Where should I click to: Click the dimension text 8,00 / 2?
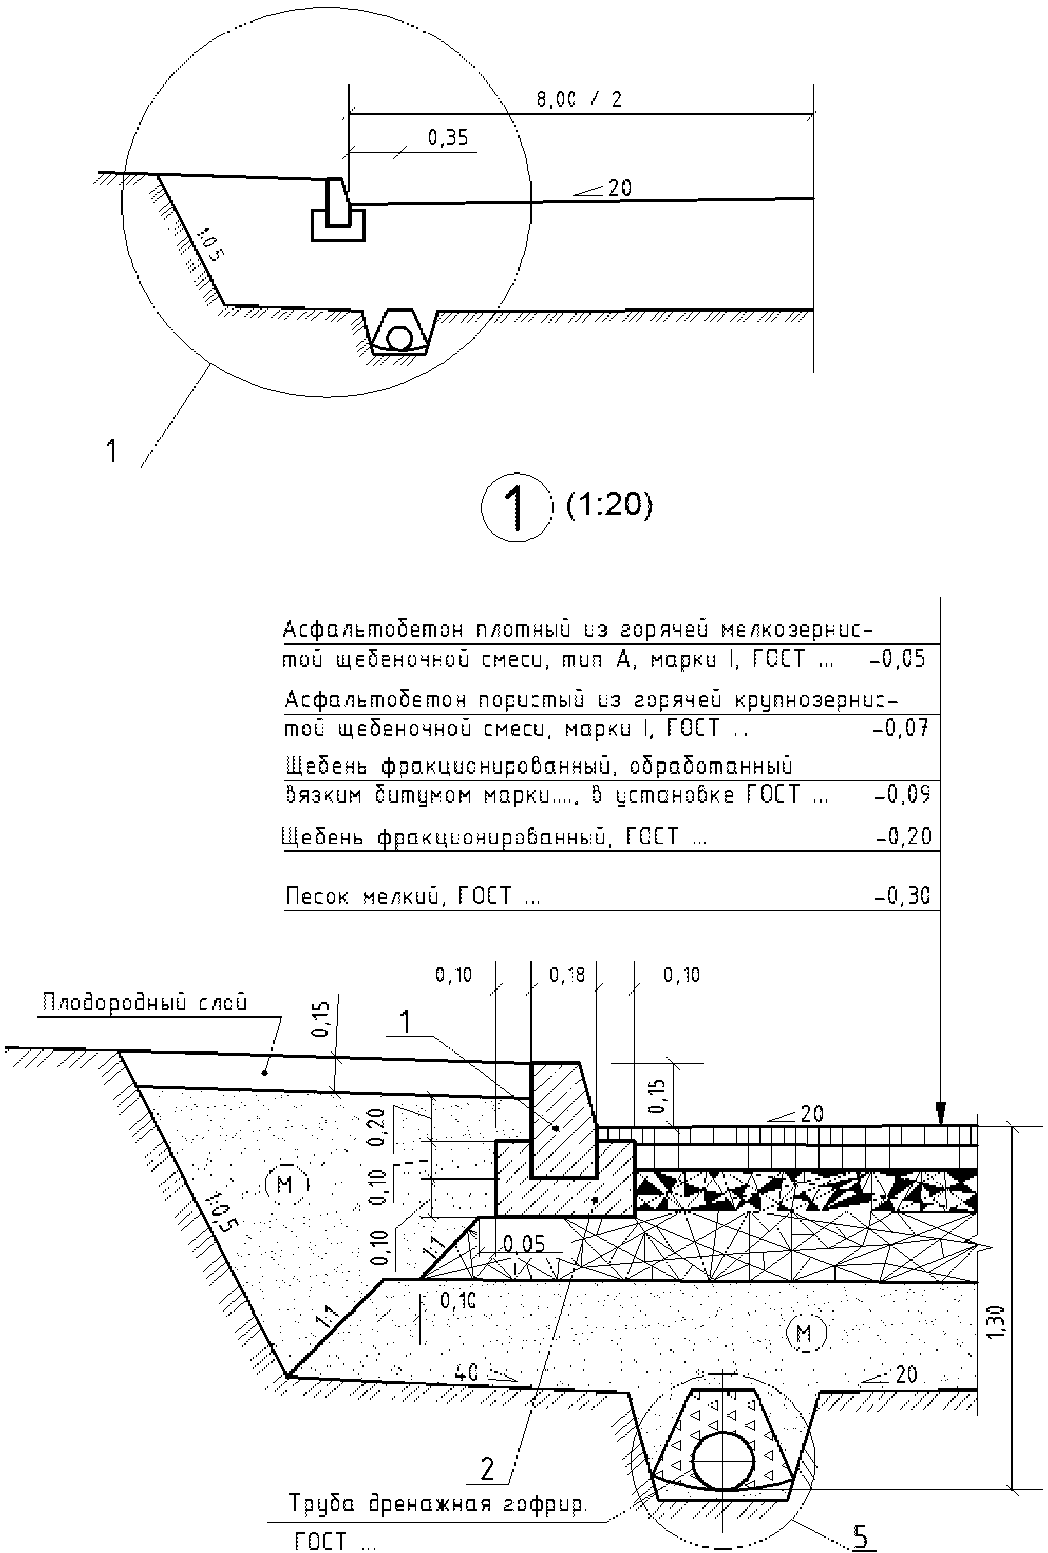point(579,100)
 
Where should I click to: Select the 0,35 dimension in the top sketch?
point(448,137)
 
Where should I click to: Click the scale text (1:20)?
point(609,505)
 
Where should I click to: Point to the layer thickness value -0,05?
point(897,659)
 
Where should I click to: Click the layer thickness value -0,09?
point(901,794)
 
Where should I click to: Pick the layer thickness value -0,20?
point(903,837)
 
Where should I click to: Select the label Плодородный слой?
point(145,1002)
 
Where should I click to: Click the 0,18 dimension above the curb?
point(567,975)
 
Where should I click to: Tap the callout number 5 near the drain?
point(861,1519)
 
